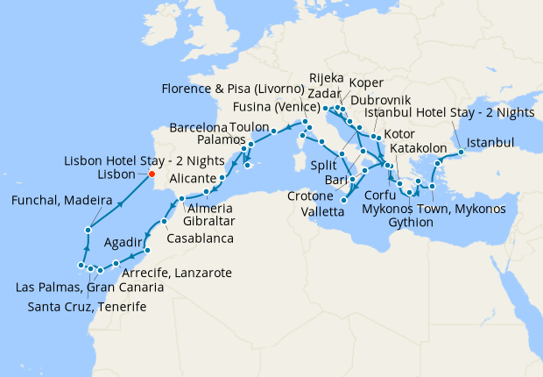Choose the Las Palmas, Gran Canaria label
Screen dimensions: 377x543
pos(89,288)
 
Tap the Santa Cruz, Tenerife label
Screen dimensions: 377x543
pos(87,306)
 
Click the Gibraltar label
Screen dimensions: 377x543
pos(210,223)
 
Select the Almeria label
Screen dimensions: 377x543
pos(210,208)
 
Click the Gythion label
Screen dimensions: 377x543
pos(412,223)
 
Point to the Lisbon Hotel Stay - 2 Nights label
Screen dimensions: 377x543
pos(145,160)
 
